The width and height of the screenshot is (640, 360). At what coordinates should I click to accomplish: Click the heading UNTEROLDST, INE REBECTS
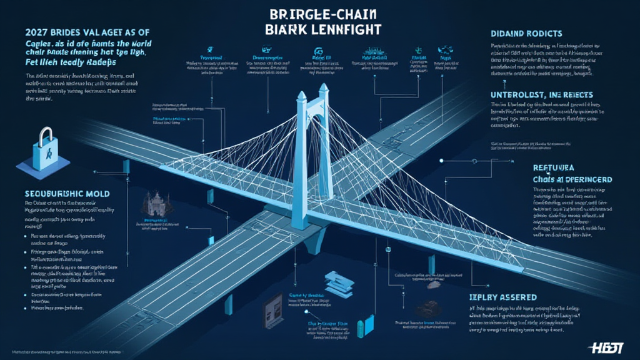point(546,92)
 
